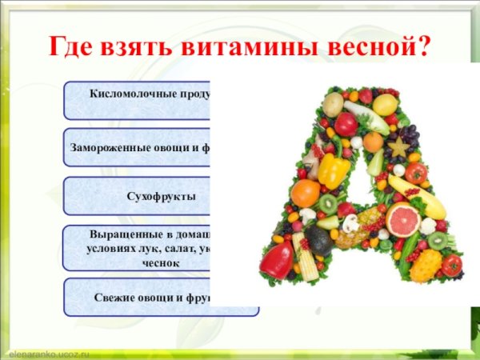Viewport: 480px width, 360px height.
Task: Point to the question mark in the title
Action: coord(422,47)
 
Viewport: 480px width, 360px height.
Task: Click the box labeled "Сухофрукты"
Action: coord(152,196)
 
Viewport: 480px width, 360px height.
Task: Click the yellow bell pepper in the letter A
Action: coord(334,170)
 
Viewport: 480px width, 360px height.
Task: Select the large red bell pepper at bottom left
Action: coord(278,261)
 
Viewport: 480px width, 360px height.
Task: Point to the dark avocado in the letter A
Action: coord(318,240)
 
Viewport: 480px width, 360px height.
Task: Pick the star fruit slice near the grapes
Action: coord(398,147)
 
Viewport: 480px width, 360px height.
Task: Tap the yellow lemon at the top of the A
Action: coord(385,105)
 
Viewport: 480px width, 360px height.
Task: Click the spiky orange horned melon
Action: coord(426,265)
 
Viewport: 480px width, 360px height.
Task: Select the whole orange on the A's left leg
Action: coord(305,193)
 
